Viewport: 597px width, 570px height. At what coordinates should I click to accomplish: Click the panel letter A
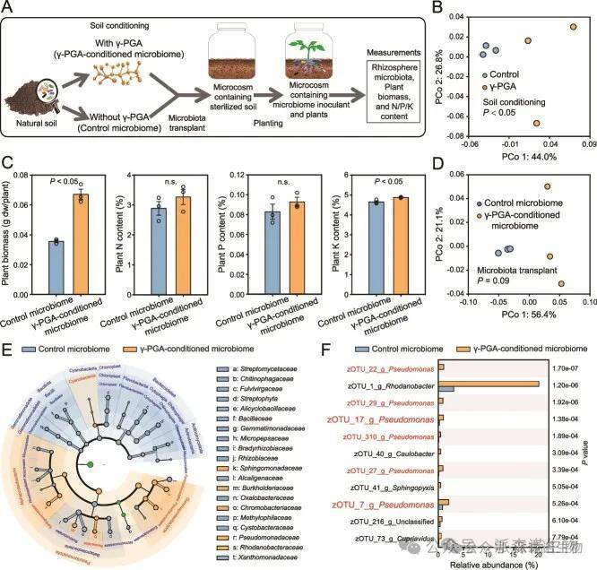pos(8,8)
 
